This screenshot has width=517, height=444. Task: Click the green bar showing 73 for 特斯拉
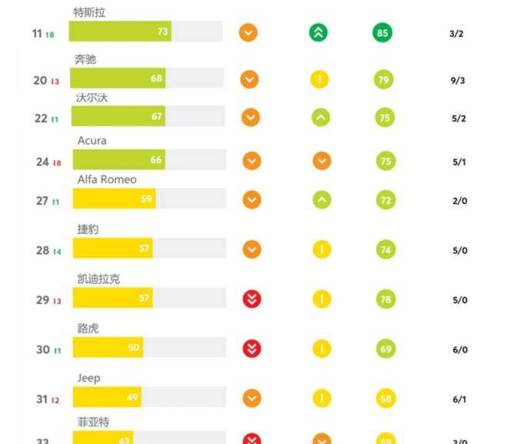tap(120, 32)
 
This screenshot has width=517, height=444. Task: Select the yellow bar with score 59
tap(115, 199)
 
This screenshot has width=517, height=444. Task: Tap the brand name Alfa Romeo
tap(107, 179)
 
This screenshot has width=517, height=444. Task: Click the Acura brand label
tap(92, 141)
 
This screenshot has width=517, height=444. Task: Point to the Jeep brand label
tap(89, 378)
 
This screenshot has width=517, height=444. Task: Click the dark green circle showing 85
tap(382, 33)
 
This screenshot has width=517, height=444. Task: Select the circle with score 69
tap(385, 349)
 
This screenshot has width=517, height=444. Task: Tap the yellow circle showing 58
tap(385, 398)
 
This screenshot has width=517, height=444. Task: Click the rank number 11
tap(37, 34)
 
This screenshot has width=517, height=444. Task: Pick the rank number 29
tap(43, 300)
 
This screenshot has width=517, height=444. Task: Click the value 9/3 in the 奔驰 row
tap(456, 80)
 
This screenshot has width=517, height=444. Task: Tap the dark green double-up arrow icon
tap(319, 33)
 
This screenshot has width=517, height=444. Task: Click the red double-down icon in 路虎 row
tap(252, 349)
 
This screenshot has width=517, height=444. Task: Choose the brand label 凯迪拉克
tap(98, 279)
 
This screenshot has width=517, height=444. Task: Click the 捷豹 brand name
tap(88, 229)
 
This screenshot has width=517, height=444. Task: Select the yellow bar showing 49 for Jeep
tap(108, 397)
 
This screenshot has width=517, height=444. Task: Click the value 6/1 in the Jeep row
tap(460, 399)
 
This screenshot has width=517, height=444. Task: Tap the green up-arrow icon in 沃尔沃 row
tap(321, 117)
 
